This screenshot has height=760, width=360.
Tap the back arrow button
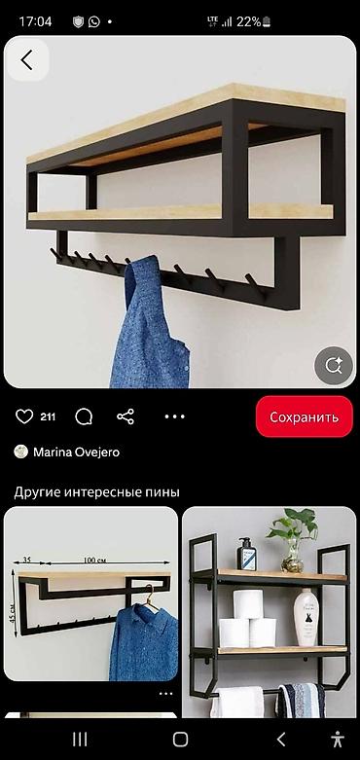click(x=26, y=59)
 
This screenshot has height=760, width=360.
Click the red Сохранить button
click(x=304, y=416)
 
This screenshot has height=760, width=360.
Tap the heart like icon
click(x=24, y=416)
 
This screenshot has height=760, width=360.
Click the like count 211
click(x=48, y=416)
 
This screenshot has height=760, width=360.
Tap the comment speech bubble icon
click(x=85, y=416)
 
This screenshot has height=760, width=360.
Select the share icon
click(x=126, y=416)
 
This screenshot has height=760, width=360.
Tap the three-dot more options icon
click(x=174, y=416)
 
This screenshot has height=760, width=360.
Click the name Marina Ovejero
click(x=77, y=452)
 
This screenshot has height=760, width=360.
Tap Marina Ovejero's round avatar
click(x=20, y=452)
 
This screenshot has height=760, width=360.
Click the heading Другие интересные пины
click(x=96, y=491)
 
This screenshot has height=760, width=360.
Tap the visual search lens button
click(x=334, y=366)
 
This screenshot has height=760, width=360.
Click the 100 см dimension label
click(x=94, y=561)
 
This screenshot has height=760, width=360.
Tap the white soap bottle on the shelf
click(x=306, y=616)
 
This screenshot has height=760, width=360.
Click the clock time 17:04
click(x=35, y=20)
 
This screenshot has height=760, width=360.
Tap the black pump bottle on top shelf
click(x=248, y=557)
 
